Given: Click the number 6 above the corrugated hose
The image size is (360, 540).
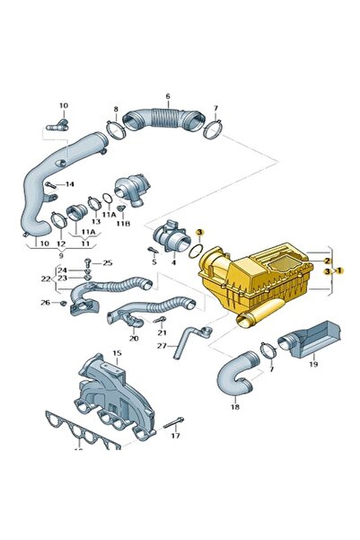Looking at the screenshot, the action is point(168,96).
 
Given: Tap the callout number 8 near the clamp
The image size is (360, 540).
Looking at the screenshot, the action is point(116,110).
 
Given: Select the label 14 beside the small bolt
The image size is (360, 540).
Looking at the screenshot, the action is point(69,184).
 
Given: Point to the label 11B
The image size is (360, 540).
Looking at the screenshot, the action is point(123,224).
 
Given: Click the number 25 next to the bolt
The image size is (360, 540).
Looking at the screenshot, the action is point(108,263).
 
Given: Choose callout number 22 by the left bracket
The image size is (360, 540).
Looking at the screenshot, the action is point(46,279).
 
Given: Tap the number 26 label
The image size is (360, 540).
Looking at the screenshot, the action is point(46,303).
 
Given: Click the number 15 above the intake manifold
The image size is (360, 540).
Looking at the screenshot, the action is point(117,353).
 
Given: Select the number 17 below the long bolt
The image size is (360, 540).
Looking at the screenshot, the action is point(176,436).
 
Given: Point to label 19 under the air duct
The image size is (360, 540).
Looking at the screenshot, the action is point(313,364).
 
